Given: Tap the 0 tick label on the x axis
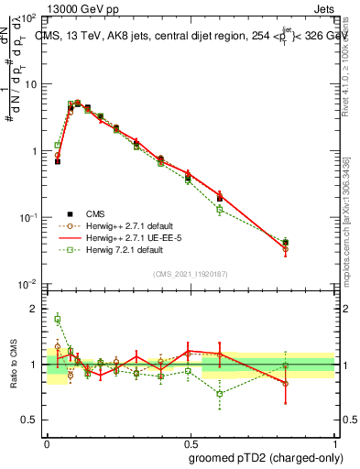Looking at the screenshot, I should tap(47, 441).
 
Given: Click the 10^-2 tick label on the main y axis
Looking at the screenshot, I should tap(27, 284).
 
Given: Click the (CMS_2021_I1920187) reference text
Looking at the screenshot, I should tap(190, 274).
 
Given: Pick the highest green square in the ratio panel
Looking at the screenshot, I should tap(58, 319).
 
